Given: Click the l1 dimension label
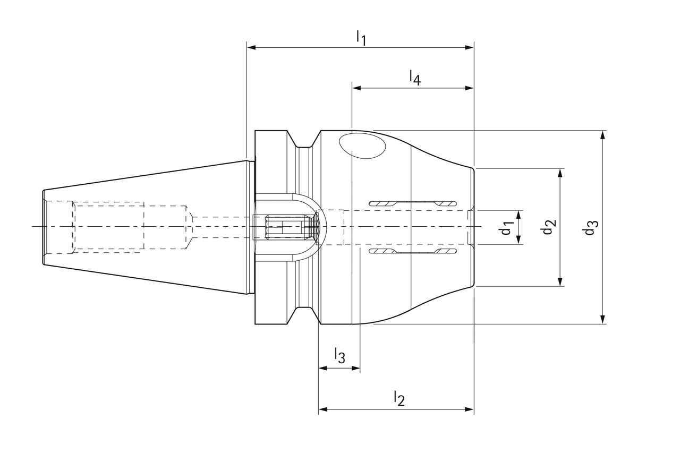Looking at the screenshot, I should pyautogui.click(x=361, y=38).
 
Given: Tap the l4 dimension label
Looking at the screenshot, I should pyautogui.click(x=415, y=78).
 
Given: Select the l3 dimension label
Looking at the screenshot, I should pyautogui.click(x=339, y=355).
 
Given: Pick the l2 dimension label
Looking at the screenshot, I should pyautogui.click(x=399, y=398).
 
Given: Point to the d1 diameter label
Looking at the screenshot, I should pyautogui.click(x=506, y=228).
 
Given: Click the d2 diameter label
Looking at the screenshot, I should pyautogui.click(x=548, y=227).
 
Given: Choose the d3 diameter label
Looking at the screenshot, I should pyautogui.click(x=590, y=227).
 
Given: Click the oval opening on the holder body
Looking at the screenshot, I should pyautogui.click(x=362, y=146).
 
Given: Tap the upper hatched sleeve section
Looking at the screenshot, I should pyautogui.click(x=413, y=204).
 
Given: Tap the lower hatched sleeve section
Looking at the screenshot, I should pyautogui.click(x=413, y=251).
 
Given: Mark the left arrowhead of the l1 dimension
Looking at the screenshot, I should pyautogui.click(x=251, y=48).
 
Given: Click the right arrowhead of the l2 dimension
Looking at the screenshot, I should pyautogui.click(x=470, y=409).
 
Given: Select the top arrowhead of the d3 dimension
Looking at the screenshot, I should pyautogui.click(x=602, y=134).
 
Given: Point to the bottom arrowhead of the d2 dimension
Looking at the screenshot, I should pyautogui.click(x=560, y=282).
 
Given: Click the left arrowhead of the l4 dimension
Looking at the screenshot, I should pyautogui.click(x=356, y=88).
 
